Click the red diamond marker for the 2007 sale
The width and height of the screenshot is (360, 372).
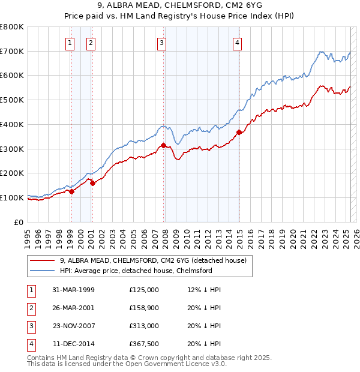coord(163,145)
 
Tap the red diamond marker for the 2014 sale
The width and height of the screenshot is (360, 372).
coord(239,132)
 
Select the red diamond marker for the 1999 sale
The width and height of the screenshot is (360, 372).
coord(71,191)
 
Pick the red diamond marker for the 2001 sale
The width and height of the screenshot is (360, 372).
coord(92,183)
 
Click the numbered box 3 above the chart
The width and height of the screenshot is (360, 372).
coord(162,43)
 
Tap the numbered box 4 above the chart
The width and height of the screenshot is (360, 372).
coord(238,43)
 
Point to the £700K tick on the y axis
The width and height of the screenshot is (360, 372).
coord(12,52)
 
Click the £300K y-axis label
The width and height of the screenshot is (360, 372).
coord(12,149)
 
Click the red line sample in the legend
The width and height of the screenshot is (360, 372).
coord(42,261)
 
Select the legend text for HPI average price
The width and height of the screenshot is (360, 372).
coord(136,271)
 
